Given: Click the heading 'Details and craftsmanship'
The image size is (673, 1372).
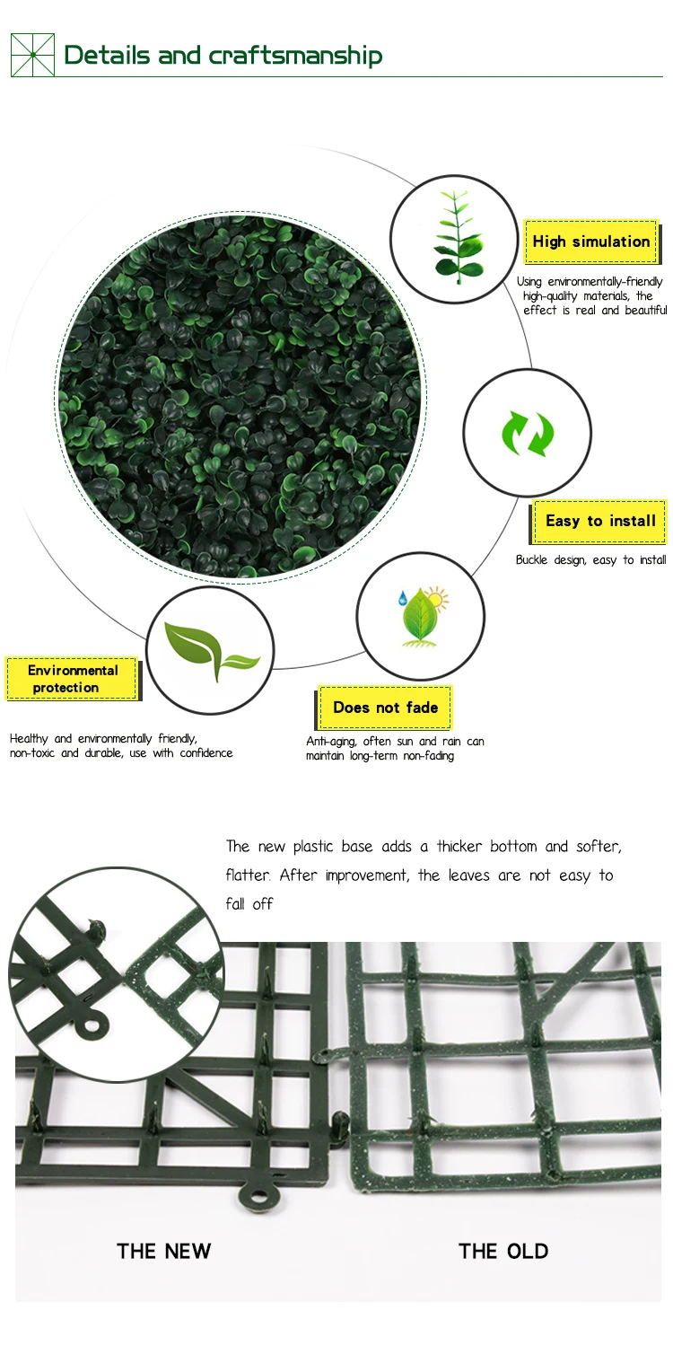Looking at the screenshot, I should pyautogui.click(x=223, y=55).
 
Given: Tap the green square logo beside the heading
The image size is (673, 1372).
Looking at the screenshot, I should pyautogui.click(x=32, y=55).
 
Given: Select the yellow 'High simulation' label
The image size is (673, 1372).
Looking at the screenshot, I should pyautogui.click(x=590, y=242).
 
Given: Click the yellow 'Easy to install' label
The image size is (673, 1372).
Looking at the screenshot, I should pyautogui.click(x=599, y=521).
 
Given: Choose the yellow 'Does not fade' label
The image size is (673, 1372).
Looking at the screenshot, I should pyautogui.click(x=385, y=708).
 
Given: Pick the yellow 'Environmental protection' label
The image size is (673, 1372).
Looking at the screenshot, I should pyautogui.click(x=73, y=679).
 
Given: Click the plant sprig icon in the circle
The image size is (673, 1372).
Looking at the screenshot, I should pyautogui.click(x=456, y=235).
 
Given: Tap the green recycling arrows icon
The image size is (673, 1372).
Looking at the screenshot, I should pyautogui.click(x=528, y=434).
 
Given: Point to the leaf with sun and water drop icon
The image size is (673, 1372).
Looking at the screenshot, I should pyautogui.click(x=421, y=616).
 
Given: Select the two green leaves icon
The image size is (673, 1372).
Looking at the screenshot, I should pyautogui.click(x=210, y=650).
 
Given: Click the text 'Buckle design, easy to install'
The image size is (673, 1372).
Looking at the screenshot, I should pyautogui.click(x=590, y=560).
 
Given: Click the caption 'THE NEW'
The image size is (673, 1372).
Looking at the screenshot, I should pyautogui.click(x=164, y=1251).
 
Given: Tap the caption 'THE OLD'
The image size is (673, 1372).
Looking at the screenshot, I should pyautogui.click(x=503, y=1251).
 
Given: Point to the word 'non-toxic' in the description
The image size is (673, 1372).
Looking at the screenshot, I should pyautogui.click(x=32, y=753).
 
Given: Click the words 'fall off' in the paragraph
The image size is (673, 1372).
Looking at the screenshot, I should pyautogui.click(x=249, y=904).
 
